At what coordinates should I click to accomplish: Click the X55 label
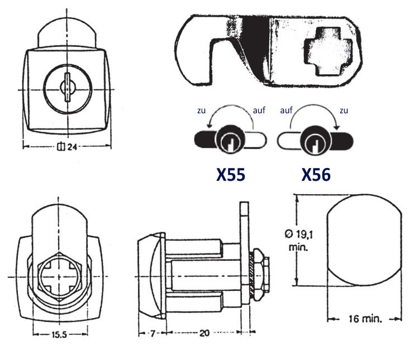231,175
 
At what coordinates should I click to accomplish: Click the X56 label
316,175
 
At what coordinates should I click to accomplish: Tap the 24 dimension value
72,147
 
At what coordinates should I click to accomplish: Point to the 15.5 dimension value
59,334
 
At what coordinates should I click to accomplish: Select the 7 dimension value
153,333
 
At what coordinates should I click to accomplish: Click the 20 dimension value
204,333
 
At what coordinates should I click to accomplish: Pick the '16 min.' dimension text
365,319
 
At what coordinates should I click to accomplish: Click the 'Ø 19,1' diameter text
299,234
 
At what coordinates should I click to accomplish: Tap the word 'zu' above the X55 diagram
202,111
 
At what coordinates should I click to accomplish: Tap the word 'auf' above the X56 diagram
287,110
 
